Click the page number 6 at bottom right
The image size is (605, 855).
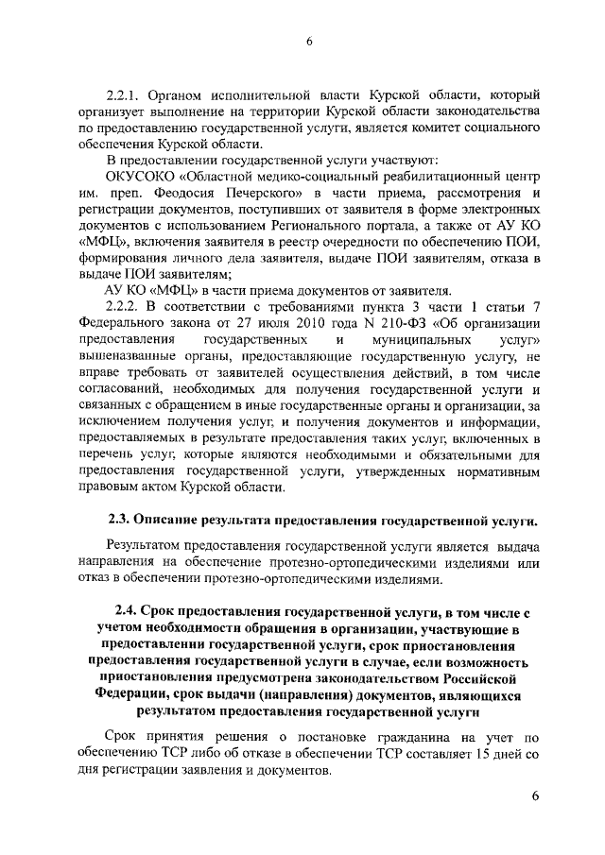(x=535, y=796)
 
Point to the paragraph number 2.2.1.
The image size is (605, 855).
(x=123, y=95)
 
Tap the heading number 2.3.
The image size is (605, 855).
(x=118, y=521)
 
